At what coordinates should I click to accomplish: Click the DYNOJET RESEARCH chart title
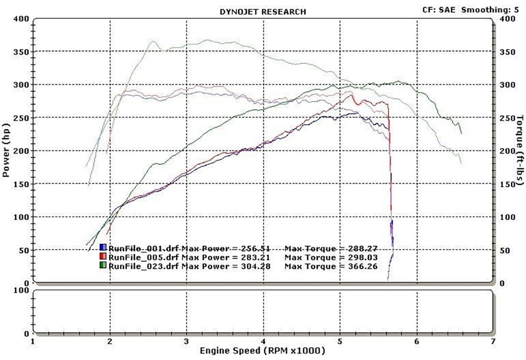pyautogui.click(x=262, y=11)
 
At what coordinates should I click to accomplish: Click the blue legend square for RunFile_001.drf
pyautogui.click(x=103, y=248)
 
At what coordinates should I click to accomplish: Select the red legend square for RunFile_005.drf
pyautogui.click(x=103, y=257)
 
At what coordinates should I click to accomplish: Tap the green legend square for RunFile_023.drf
pyautogui.click(x=103, y=266)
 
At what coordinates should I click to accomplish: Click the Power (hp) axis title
pyautogui.click(x=6, y=151)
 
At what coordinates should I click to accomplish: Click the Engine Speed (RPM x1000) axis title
pyautogui.click(x=262, y=351)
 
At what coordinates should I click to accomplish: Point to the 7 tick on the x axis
pyautogui.click(x=493, y=342)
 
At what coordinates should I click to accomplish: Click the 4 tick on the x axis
pyautogui.click(x=263, y=342)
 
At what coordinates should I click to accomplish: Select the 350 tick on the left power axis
pyautogui.click(x=22, y=52)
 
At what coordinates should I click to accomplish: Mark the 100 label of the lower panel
pyautogui.click(x=22, y=290)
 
